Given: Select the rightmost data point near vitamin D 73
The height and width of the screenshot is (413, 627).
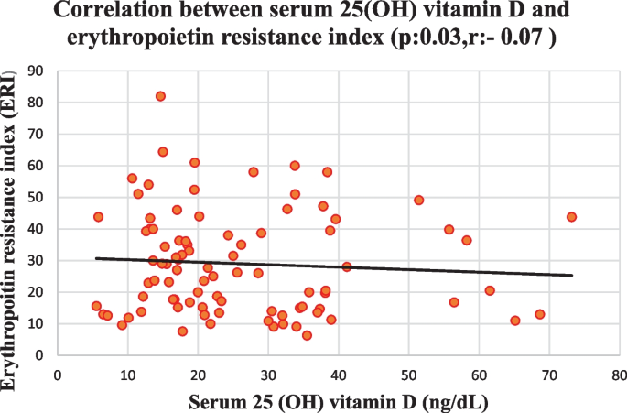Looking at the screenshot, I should pos(571,217).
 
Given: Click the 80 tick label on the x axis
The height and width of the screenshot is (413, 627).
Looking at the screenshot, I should pos(620,375).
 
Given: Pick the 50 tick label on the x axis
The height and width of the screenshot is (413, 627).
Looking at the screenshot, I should pos(408,375).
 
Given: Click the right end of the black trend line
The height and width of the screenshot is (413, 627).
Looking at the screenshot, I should pos(572,275).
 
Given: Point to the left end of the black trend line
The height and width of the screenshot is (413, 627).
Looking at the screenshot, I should pos(96,258).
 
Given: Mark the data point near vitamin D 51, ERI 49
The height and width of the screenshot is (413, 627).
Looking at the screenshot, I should pos(418,200).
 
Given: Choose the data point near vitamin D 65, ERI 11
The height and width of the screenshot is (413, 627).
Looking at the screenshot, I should pos(515,321).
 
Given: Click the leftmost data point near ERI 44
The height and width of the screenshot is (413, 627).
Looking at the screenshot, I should pos(98,217).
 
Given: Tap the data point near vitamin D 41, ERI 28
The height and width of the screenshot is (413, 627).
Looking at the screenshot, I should pos(347,266).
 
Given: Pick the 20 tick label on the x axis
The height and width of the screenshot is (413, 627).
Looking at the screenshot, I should pos(198,375).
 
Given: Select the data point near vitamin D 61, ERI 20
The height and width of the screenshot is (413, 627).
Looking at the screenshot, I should pos(490,290).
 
